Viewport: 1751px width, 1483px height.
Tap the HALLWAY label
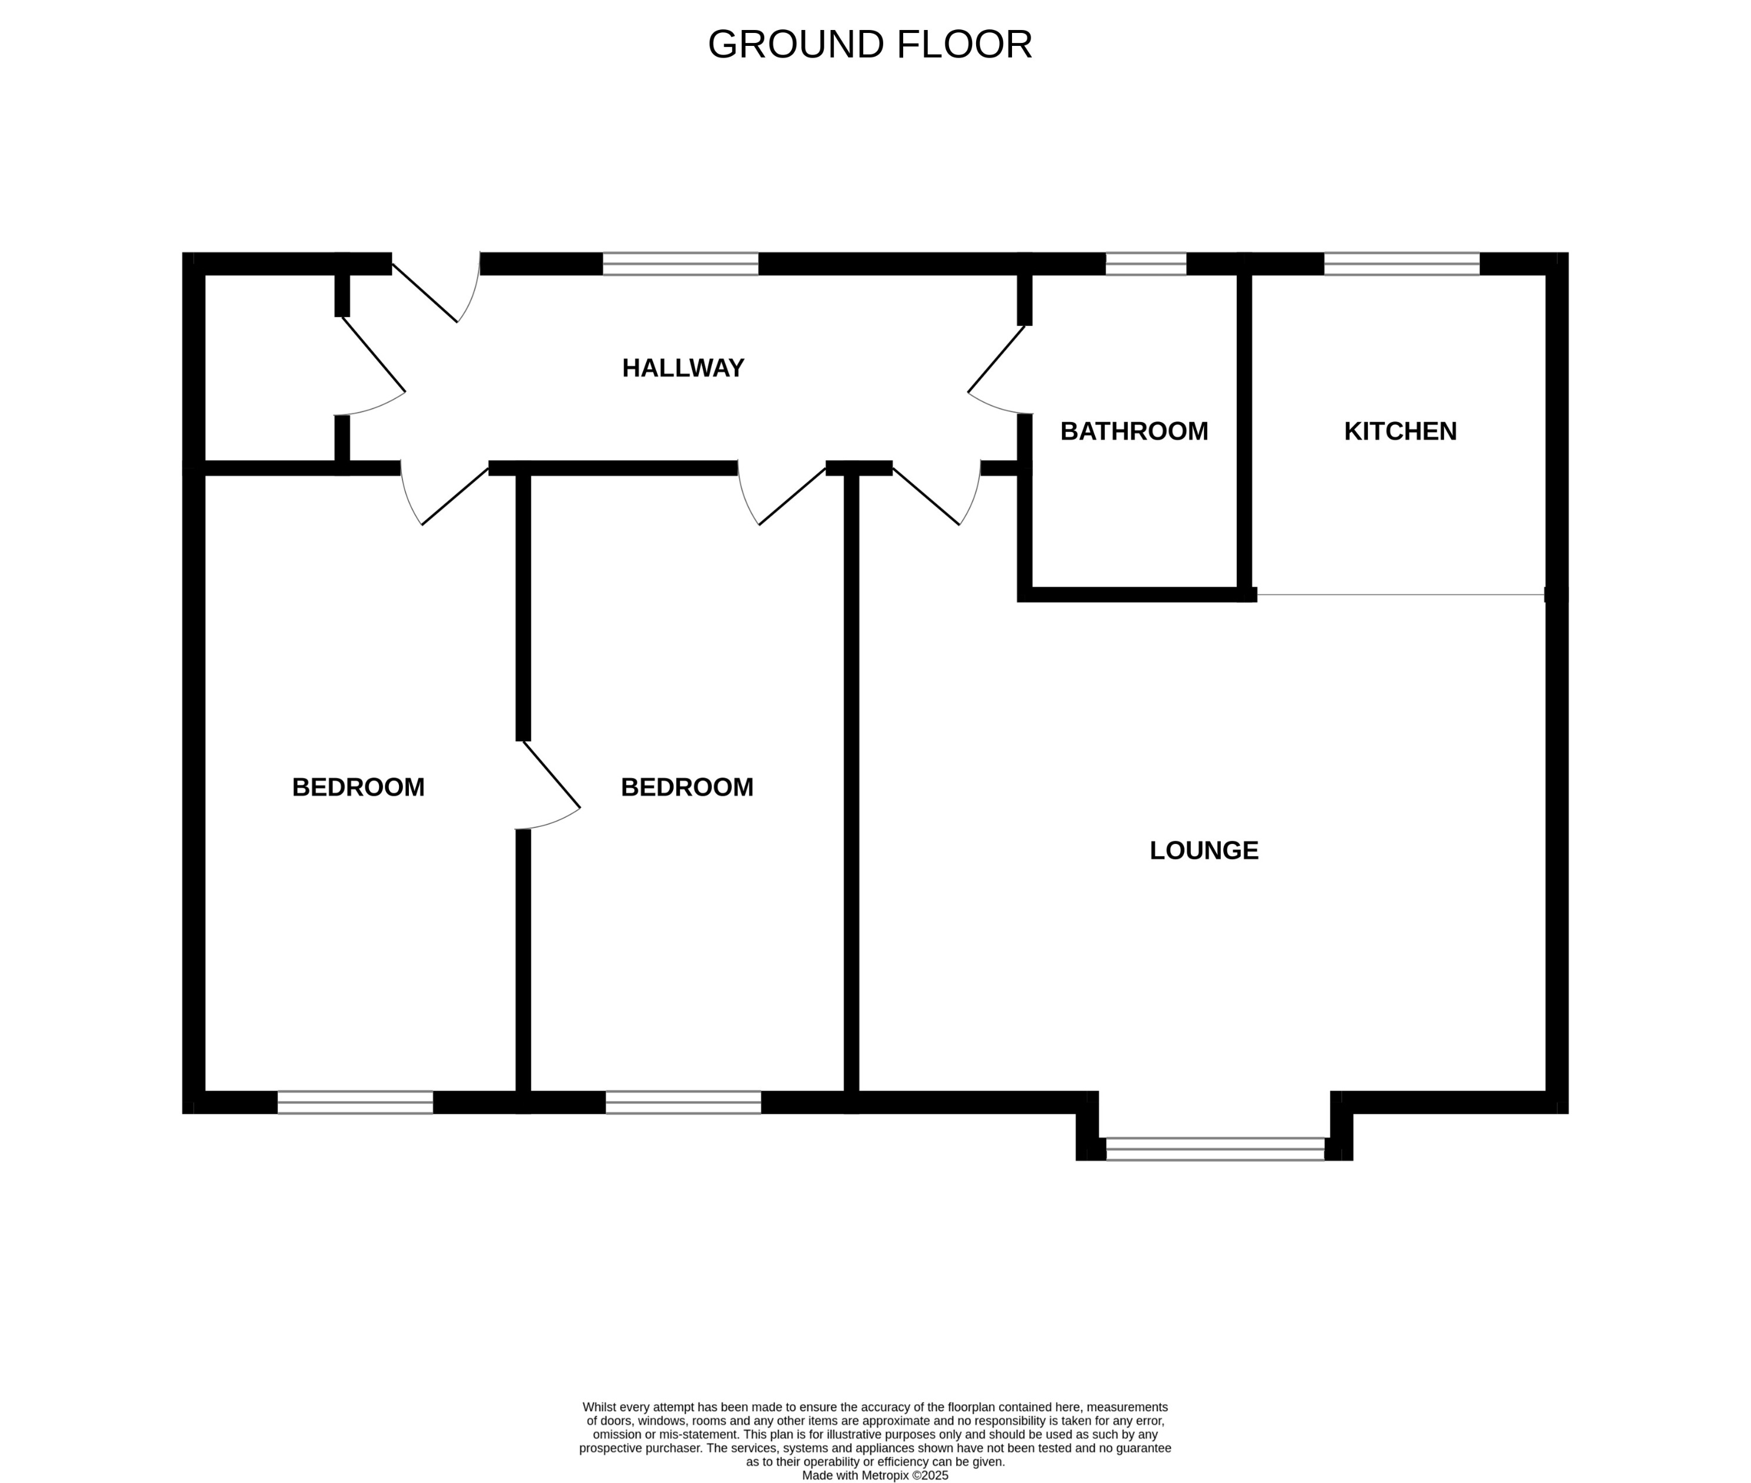click(x=683, y=368)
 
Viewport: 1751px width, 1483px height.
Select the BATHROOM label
click(x=1133, y=431)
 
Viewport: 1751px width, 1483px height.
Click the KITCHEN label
click(x=1400, y=431)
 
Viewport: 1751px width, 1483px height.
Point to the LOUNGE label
click(x=1203, y=851)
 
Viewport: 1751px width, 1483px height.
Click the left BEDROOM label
click(x=358, y=788)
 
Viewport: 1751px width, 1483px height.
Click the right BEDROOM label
click(x=687, y=788)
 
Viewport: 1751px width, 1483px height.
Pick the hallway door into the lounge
click(x=926, y=496)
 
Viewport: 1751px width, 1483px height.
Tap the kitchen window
click(x=1402, y=264)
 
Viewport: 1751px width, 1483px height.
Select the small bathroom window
click(x=1145, y=264)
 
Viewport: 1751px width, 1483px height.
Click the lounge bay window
click(x=1214, y=1149)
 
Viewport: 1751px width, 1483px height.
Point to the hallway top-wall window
click(x=680, y=264)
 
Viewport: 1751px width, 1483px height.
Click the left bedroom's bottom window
click(x=355, y=1102)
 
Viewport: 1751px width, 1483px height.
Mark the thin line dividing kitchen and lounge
click(x=1400, y=594)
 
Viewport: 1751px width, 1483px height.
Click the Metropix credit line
click(x=874, y=1475)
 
